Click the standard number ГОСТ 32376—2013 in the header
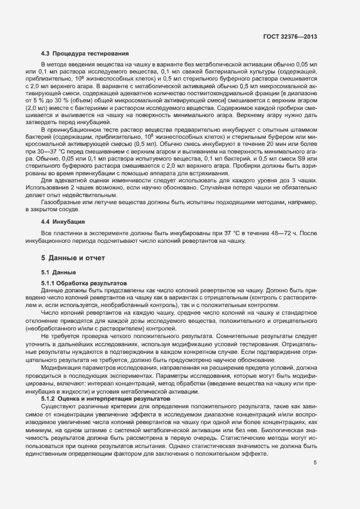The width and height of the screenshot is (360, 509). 290,36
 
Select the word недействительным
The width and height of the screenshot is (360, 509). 93,194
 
